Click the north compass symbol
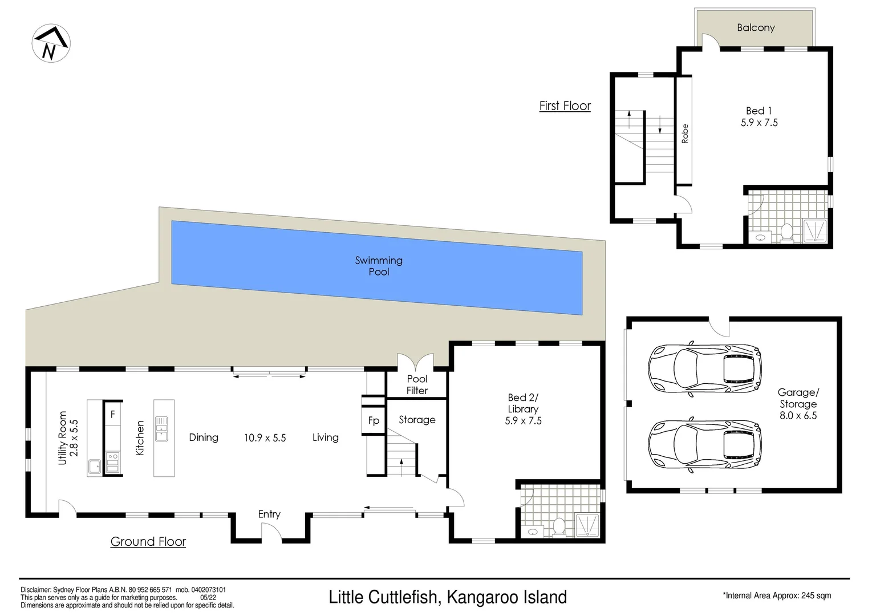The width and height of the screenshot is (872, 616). pyautogui.click(x=50, y=44)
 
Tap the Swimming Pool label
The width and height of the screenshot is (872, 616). pyautogui.click(x=379, y=266)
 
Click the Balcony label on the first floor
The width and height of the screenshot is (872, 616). pyautogui.click(x=755, y=27)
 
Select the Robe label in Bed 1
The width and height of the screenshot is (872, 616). pyautogui.click(x=685, y=133)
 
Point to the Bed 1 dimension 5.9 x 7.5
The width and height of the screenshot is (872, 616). pyautogui.click(x=759, y=123)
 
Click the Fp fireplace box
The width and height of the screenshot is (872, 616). pyautogui.click(x=374, y=421)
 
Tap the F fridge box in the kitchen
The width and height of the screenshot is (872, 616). pyautogui.click(x=113, y=415)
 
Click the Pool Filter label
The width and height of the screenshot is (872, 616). pyautogui.click(x=417, y=385)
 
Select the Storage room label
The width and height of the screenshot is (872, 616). pyautogui.click(x=417, y=420)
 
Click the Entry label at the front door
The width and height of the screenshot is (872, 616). pyautogui.click(x=269, y=514)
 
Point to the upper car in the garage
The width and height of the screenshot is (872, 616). pyautogui.click(x=705, y=368)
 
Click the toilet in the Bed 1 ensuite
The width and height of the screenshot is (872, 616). pyautogui.click(x=787, y=232)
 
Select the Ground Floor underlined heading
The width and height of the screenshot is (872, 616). pyautogui.click(x=148, y=542)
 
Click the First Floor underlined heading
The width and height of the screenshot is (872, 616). pyautogui.click(x=565, y=106)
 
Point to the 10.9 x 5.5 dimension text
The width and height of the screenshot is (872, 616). pyautogui.click(x=265, y=438)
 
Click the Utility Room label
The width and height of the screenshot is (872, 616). pyautogui.click(x=63, y=437)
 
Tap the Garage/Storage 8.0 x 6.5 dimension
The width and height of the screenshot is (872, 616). pyautogui.click(x=798, y=416)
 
